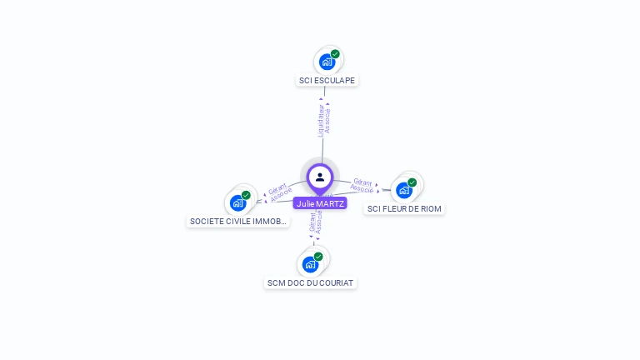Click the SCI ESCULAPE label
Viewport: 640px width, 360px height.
click(327, 81)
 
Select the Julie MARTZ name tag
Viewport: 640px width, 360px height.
click(319, 203)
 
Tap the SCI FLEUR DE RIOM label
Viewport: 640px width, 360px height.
click(405, 208)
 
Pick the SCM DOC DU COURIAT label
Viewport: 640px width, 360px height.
click(311, 282)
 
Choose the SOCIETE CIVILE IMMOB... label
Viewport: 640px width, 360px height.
click(238, 222)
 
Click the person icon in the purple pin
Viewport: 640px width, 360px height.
click(320, 177)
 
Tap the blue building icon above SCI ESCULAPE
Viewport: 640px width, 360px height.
click(327, 62)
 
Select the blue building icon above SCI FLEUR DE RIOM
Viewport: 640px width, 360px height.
click(404, 190)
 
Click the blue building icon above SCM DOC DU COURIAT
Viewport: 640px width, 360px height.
click(310, 264)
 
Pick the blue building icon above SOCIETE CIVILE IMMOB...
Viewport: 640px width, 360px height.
click(237, 202)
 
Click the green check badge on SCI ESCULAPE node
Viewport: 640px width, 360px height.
click(335, 54)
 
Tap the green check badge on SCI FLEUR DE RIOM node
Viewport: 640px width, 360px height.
click(412, 182)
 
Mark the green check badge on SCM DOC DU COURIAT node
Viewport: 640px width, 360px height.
click(318, 257)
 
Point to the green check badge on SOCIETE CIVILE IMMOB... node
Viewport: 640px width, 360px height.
click(246, 195)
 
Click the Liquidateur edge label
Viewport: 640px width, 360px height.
click(320, 120)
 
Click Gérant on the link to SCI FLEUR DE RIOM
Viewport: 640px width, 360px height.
click(362, 181)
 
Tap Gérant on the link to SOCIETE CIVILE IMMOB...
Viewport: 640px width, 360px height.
click(277, 187)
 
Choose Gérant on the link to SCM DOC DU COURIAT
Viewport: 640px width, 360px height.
click(312, 222)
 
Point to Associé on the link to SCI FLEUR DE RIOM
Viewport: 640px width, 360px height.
click(362, 189)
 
